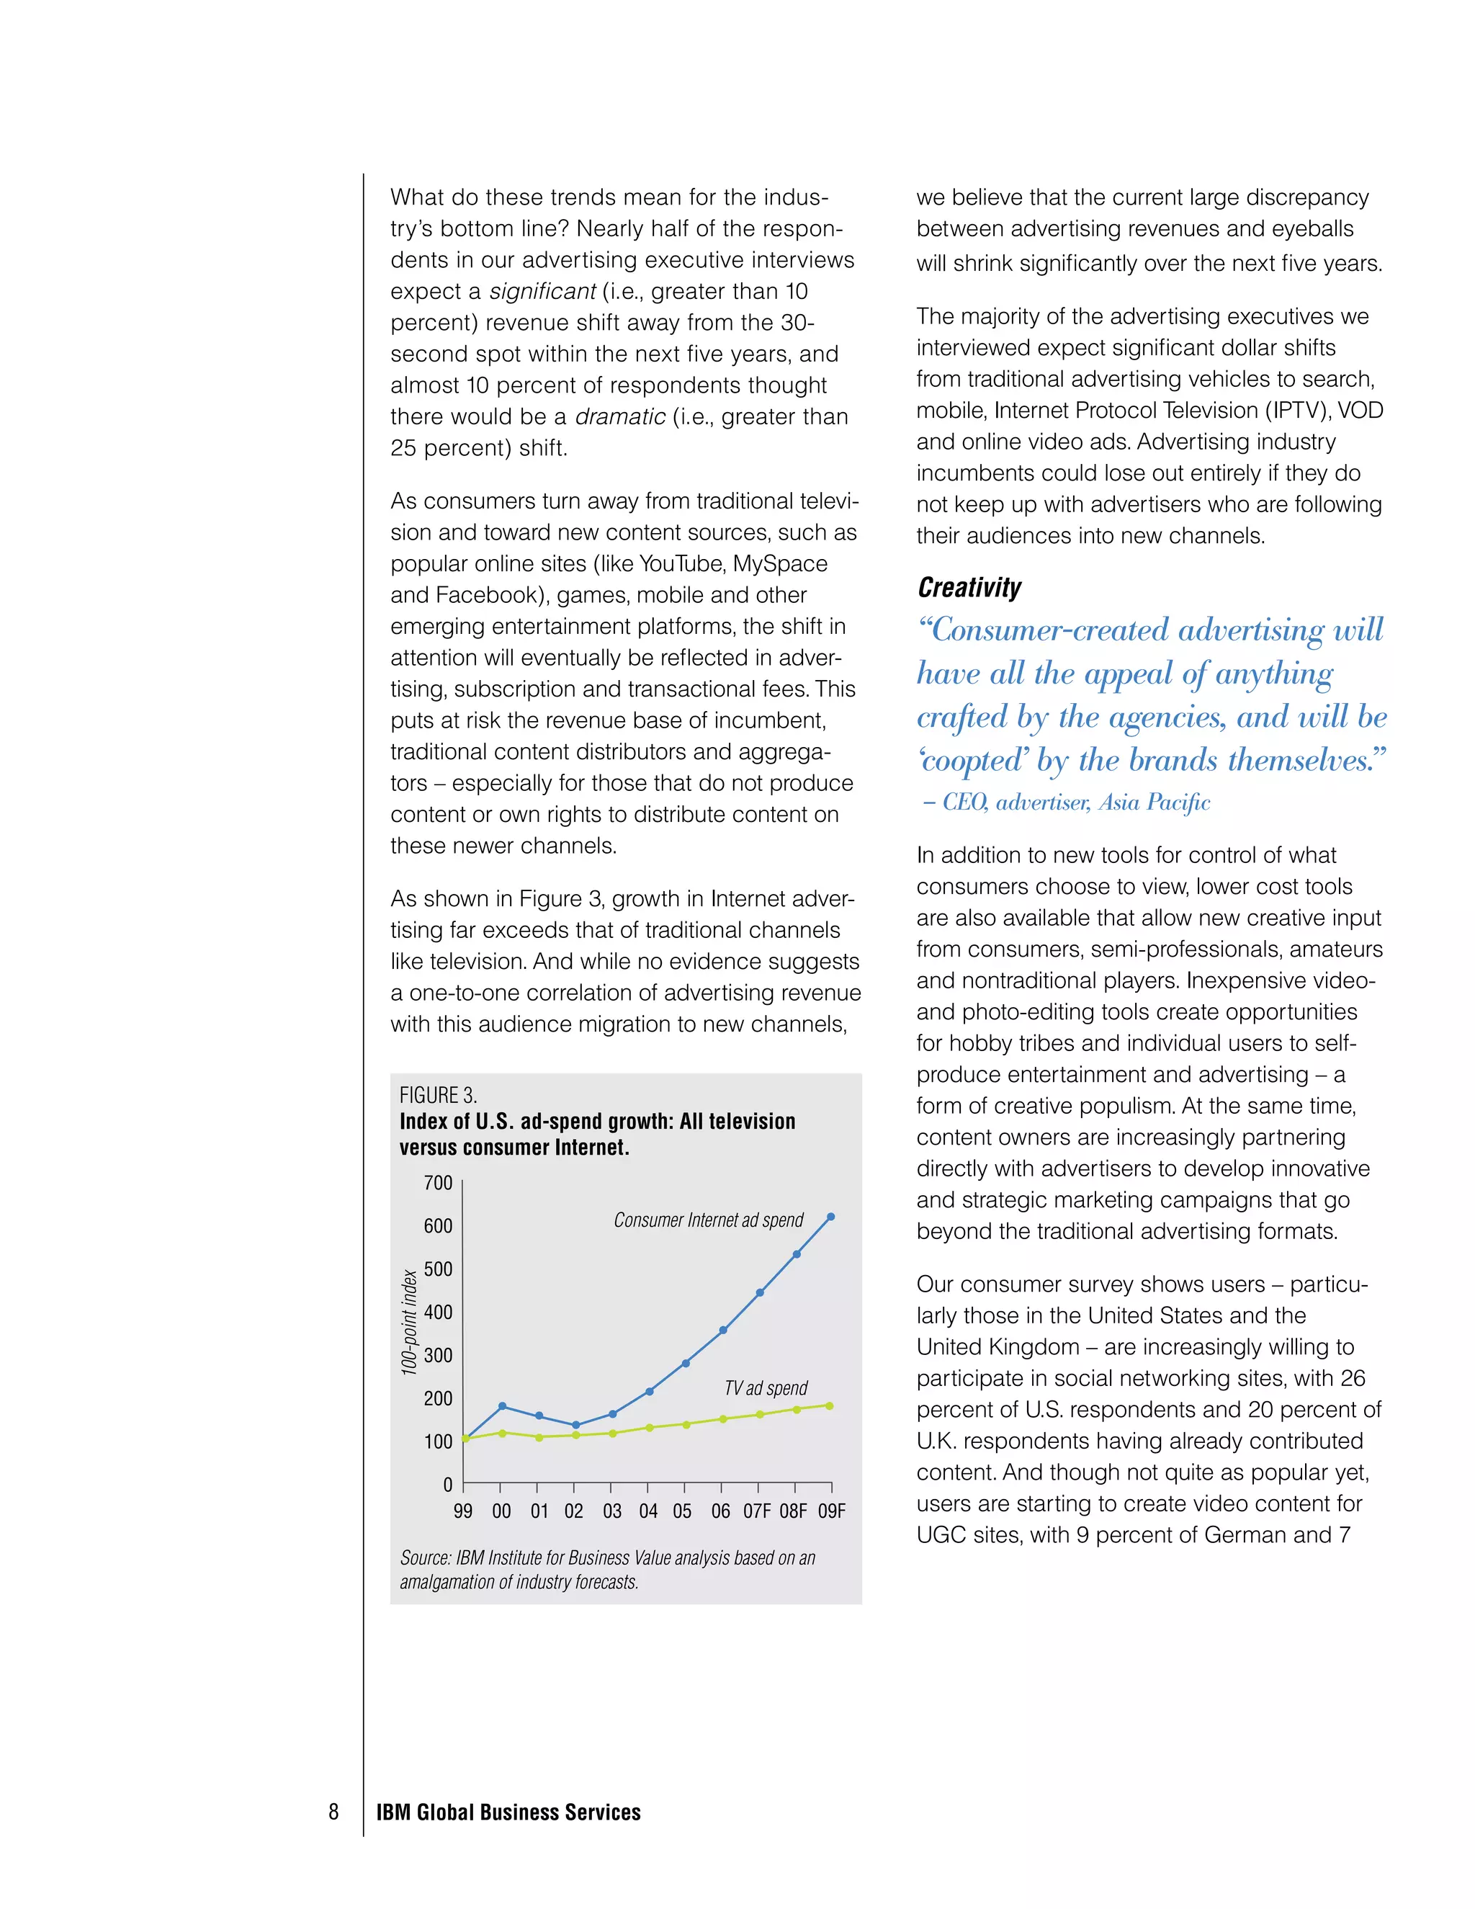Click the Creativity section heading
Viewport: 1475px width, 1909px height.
point(969,587)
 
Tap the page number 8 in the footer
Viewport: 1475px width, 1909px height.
point(333,1811)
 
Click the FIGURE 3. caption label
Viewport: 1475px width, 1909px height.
point(438,1095)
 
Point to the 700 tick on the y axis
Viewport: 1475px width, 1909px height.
point(438,1183)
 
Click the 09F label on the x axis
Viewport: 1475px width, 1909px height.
point(831,1511)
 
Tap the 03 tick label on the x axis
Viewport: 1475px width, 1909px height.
point(611,1511)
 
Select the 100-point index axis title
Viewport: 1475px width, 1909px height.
point(408,1323)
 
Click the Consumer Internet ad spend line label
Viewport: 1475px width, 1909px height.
point(708,1220)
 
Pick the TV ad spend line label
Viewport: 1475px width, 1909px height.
point(766,1388)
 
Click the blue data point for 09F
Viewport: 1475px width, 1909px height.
point(830,1217)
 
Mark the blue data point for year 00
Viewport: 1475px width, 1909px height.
point(501,1405)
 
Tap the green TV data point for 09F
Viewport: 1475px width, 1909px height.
point(829,1405)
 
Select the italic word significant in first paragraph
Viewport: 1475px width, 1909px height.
point(542,291)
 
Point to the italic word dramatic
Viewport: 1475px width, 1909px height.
point(619,417)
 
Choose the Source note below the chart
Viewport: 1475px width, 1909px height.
point(606,1569)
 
